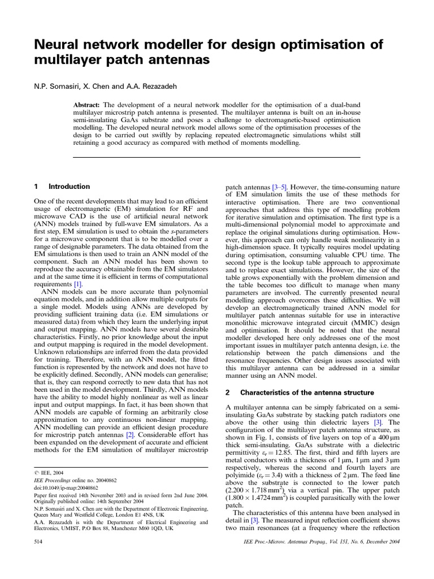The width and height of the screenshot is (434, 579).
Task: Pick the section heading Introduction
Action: (x=69, y=186)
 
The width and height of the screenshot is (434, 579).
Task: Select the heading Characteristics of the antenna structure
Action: (x=307, y=392)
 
